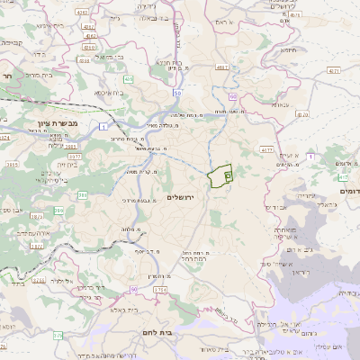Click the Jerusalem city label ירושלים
coord(181,197)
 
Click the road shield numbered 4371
coord(334,68)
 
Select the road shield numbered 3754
coord(160,289)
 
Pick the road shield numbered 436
coord(129,79)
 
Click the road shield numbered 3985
coord(70,146)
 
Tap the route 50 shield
coord(178,92)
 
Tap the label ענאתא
coord(279,104)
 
